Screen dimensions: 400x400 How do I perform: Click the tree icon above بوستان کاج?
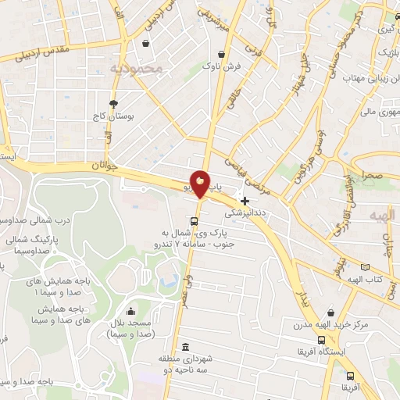coord(114,103)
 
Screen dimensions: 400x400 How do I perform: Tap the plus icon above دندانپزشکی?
coord(245,200)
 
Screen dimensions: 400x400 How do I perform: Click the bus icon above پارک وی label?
coord(194,220)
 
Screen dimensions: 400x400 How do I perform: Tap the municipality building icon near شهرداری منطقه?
coord(186,347)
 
